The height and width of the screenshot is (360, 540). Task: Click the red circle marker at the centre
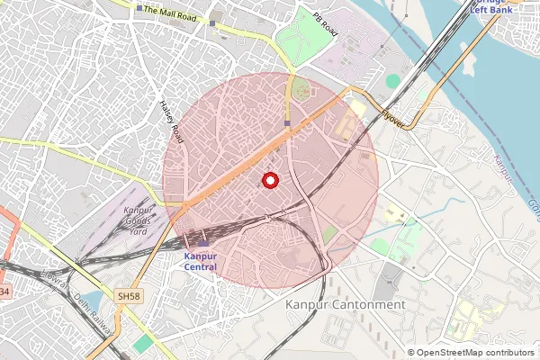269,180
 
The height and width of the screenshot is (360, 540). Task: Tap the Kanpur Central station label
201,260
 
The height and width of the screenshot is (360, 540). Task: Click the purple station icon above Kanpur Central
202,242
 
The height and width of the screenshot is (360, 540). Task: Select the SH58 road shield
128,294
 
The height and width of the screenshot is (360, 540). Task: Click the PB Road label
323,20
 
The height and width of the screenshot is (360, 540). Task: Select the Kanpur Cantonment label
345,305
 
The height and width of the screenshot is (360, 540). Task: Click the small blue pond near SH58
92,299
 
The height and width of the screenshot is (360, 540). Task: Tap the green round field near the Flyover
393,81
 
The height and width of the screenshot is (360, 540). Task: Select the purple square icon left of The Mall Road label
212,24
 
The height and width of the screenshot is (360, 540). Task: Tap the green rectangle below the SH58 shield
143,343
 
